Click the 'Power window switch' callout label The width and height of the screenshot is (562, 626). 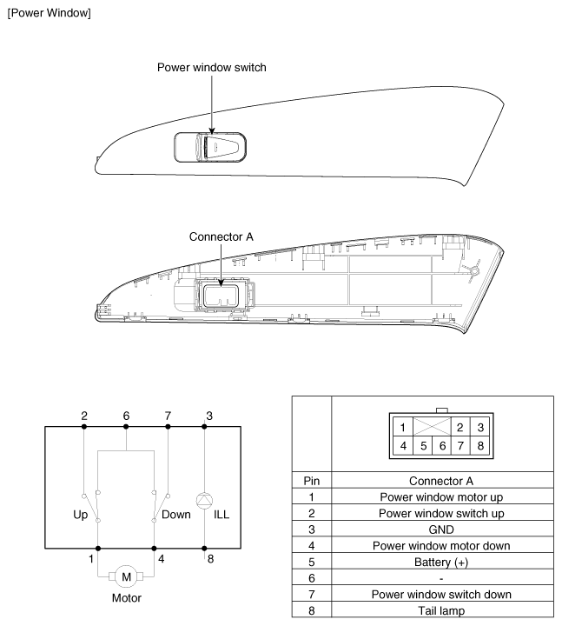pos(212,68)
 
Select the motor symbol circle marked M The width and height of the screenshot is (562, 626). pos(126,576)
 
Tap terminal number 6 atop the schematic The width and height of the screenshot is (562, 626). pos(126,416)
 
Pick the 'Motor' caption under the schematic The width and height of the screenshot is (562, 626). pos(126,599)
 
